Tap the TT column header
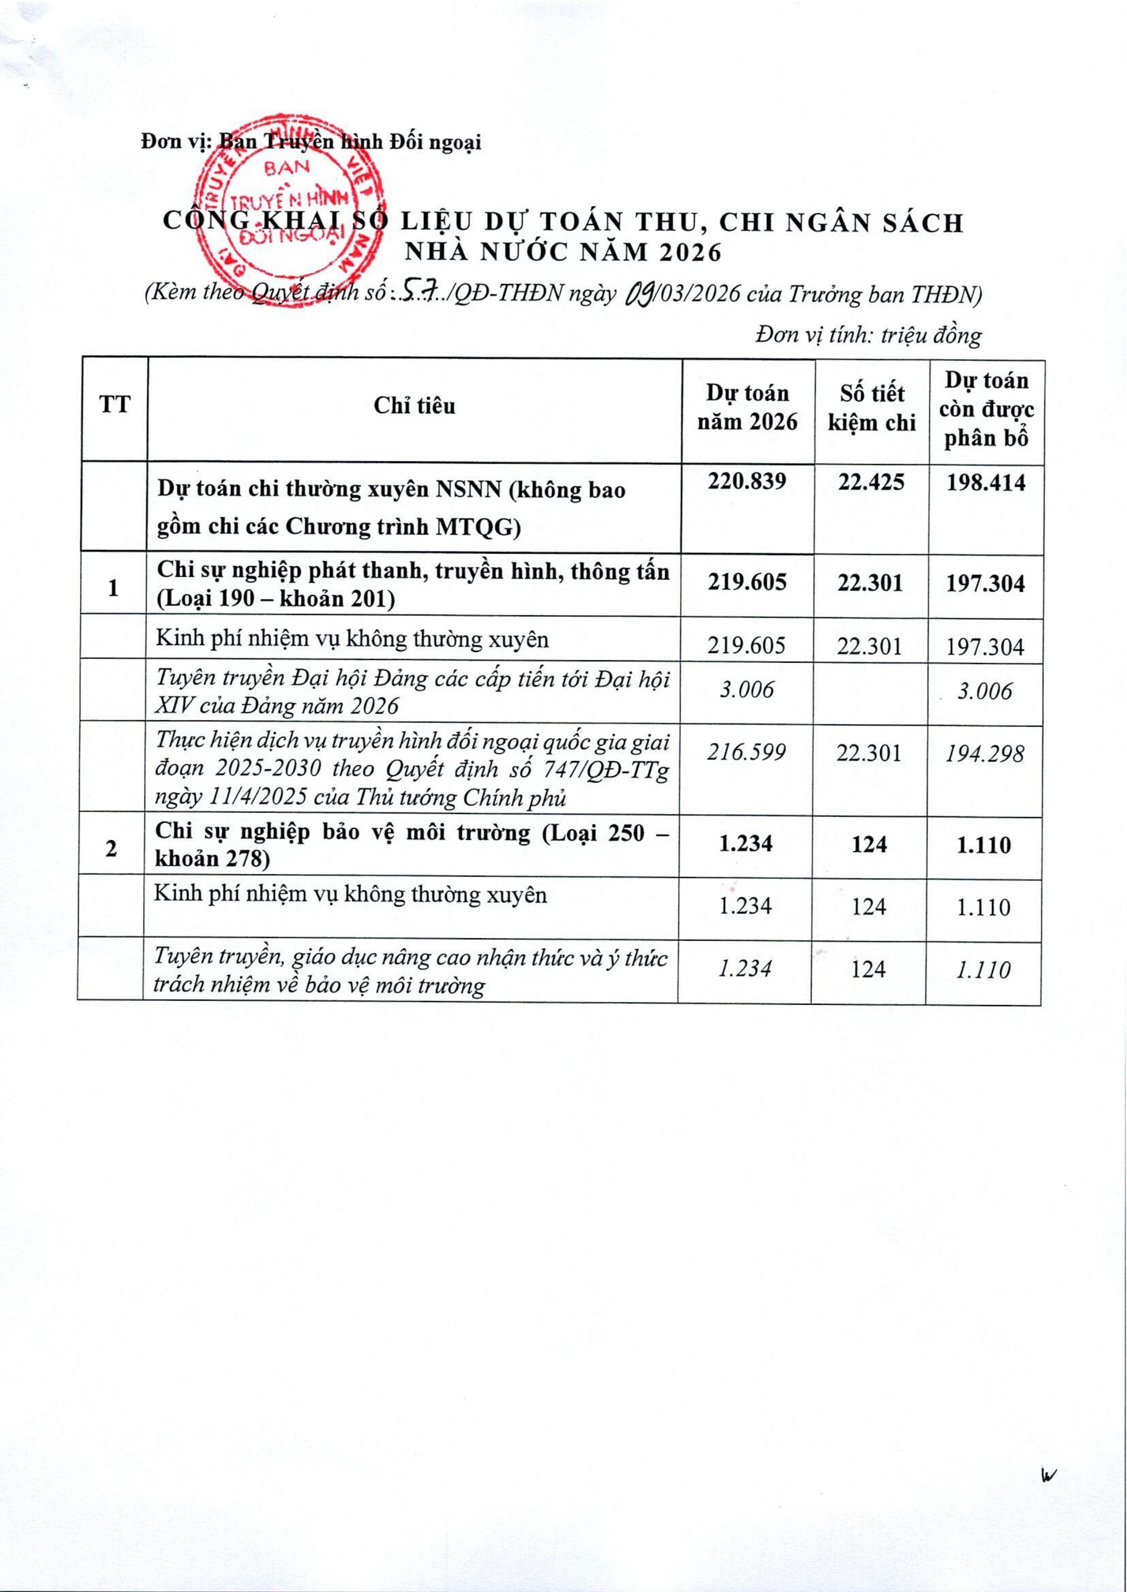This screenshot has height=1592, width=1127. [x=115, y=404]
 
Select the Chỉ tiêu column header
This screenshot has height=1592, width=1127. [x=414, y=406]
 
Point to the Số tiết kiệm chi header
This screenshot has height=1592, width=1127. [x=872, y=409]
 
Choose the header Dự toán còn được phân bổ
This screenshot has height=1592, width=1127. [x=986, y=409]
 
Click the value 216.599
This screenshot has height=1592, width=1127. [x=747, y=752]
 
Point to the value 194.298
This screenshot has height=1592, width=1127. [x=985, y=754]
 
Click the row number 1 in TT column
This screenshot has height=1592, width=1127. [x=113, y=588]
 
